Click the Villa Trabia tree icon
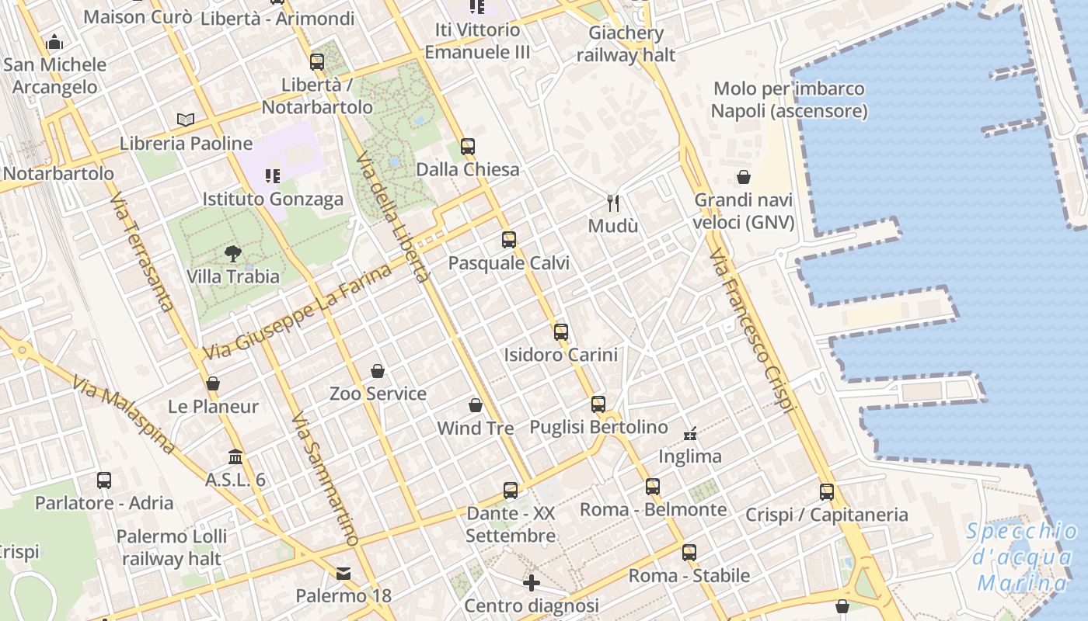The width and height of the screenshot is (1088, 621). (232, 253)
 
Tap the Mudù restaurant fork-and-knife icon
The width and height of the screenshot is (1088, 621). (613, 203)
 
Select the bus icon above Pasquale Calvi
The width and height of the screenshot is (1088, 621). (509, 240)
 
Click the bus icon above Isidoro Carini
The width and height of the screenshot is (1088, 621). (561, 332)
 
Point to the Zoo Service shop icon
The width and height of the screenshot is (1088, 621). (378, 371)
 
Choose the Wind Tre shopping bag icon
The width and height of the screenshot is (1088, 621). (476, 405)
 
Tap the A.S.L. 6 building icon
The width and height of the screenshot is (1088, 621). (235, 457)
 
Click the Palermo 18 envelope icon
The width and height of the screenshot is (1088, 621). (343, 574)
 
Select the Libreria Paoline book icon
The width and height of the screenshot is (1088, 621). (185, 120)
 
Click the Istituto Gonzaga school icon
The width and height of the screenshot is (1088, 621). (272, 176)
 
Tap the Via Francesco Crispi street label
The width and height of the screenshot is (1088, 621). (752, 330)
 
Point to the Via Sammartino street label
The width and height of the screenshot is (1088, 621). (325, 479)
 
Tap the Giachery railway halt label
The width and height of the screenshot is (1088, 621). (626, 43)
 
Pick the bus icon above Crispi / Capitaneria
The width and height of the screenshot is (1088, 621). (827, 491)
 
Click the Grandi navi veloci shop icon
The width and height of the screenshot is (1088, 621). (744, 178)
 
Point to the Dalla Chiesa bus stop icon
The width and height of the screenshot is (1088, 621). (467, 146)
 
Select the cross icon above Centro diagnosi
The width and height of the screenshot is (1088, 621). (532, 582)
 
